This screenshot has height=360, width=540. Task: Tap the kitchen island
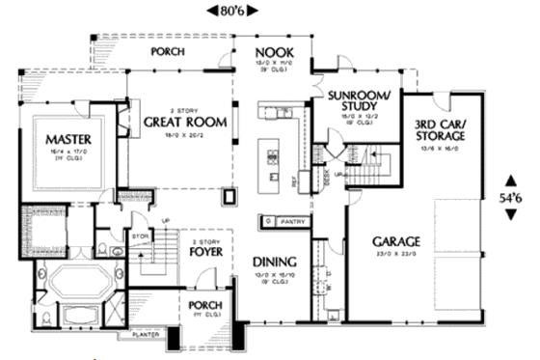270,158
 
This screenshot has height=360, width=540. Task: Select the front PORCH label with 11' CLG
206,306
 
